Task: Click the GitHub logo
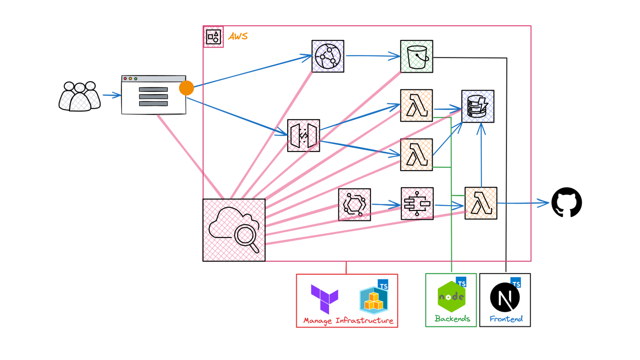(x=566, y=202)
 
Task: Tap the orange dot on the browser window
(x=186, y=88)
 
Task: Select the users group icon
(x=80, y=96)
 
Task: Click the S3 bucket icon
(x=417, y=56)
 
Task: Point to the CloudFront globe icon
(x=328, y=56)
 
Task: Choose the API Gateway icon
(x=303, y=136)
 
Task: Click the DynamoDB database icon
(x=478, y=106)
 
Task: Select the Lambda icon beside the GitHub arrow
(x=481, y=203)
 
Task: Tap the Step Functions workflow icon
(x=417, y=203)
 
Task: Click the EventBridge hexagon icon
(x=354, y=204)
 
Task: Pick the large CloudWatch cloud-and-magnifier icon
(x=234, y=230)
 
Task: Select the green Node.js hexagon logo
(x=451, y=297)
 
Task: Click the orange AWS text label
(x=238, y=36)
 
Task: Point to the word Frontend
(x=506, y=319)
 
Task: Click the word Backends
(x=452, y=319)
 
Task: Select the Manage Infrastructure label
(x=348, y=321)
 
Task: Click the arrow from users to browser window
(x=112, y=95)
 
